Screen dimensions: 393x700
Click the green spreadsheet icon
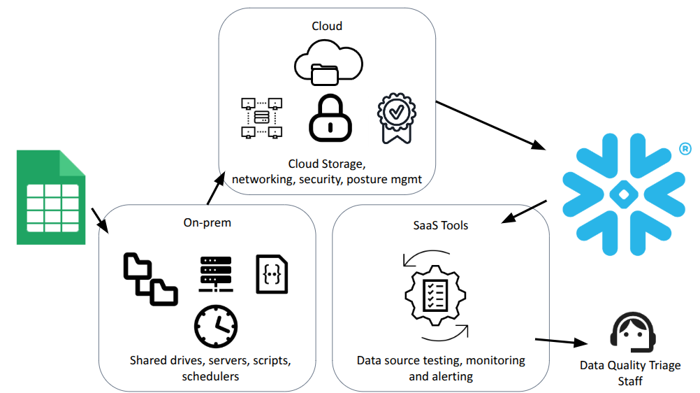pos(51,198)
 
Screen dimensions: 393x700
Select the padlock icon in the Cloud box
pos(330,120)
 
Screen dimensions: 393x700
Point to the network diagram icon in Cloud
pos(261,117)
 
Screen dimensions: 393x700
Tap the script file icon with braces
pos(272,274)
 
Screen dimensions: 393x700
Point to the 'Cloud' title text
pos(327,26)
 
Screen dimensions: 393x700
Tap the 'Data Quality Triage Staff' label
pos(629,373)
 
